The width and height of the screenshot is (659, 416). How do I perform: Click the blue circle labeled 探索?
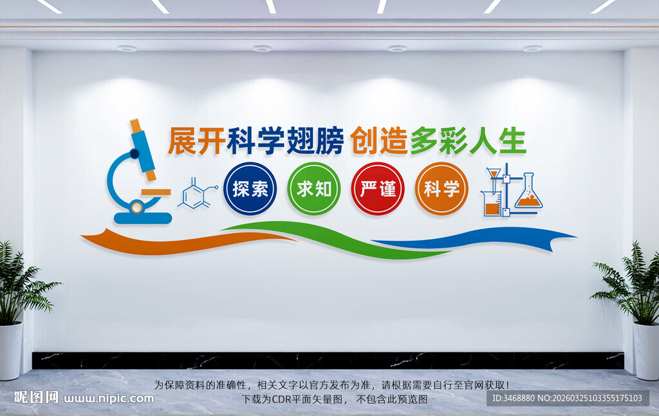tap(250, 189)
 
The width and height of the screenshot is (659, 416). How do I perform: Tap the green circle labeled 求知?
tap(313, 189)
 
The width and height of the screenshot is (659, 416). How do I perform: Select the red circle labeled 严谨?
tap(378, 189)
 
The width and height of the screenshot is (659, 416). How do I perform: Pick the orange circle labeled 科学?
tap(441, 189)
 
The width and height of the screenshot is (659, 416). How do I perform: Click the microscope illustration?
tap(138, 174)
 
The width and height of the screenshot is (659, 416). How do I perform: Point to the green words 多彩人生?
tap(468, 141)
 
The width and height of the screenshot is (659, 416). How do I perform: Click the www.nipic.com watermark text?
tap(108, 398)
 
